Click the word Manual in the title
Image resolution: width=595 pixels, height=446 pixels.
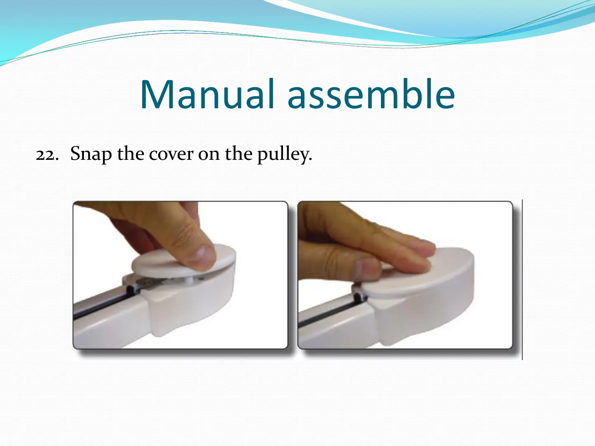[x=207, y=94]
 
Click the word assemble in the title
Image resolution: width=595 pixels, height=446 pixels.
[x=371, y=94]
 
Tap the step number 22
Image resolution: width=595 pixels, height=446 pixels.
[x=47, y=154]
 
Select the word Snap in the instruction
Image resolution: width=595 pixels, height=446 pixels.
[x=91, y=154]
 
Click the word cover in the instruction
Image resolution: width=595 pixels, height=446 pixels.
[x=171, y=154]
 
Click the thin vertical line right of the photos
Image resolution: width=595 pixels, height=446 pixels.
[x=522, y=280]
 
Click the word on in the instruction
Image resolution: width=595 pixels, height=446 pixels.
[x=209, y=155]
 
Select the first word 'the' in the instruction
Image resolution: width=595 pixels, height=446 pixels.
[x=131, y=154]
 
